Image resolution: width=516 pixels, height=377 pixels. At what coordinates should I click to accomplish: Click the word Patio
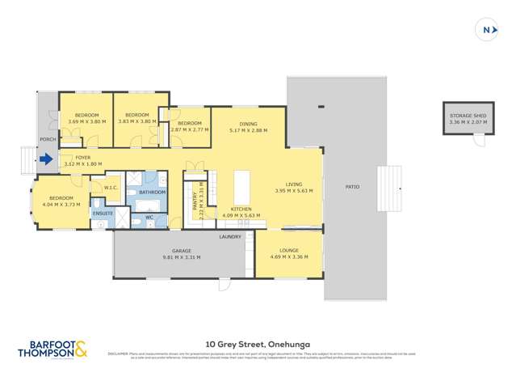(x=352, y=187)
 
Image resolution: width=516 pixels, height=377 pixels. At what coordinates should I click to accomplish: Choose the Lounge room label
(x=288, y=252)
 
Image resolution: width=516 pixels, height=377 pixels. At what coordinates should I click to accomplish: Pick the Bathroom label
(x=152, y=193)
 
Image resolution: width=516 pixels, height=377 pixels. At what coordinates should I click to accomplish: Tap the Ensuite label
(x=103, y=213)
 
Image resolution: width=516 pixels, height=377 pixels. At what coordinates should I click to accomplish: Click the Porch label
(x=48, y=139)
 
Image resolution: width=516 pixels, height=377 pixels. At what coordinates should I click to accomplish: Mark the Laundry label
(x=230, y=236)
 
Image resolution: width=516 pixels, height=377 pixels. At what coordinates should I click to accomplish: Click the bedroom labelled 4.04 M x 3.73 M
(x=61, y=201)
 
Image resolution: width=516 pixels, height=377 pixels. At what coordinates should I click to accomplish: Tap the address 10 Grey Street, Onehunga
(x=258, y=343)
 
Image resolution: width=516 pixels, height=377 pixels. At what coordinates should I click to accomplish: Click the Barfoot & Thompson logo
(x=52, y=349)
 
